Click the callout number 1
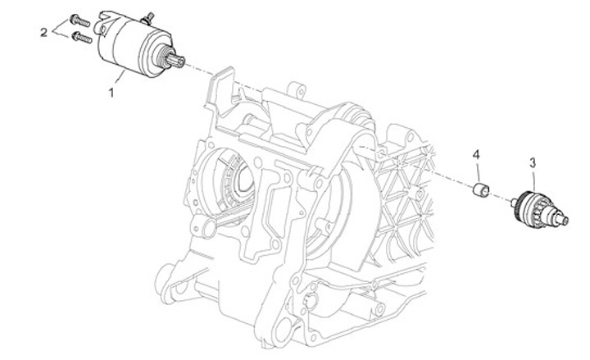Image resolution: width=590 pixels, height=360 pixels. click(x=111, y=93)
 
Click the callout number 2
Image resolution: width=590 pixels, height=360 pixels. click(x=44, y=32)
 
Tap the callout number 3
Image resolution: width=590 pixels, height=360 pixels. click(x=533, y=163)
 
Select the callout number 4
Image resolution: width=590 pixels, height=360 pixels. click(x=476, y=154)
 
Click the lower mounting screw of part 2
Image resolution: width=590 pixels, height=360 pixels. click(x=82, y=37)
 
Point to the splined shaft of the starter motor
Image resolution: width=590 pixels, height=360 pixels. click(x=176, y=61)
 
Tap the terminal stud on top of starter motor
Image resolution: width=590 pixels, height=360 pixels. click(x=147, y=18)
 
